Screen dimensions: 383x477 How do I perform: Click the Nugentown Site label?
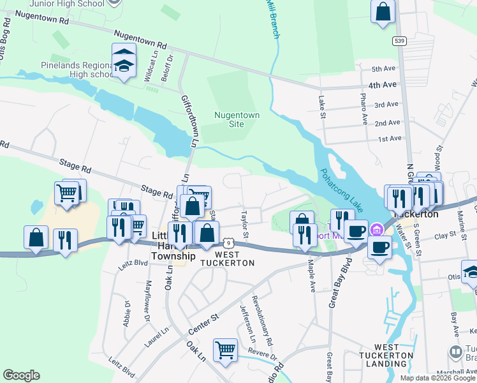[x=228, y=119]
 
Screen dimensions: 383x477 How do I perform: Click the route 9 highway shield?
[x=228, y=243]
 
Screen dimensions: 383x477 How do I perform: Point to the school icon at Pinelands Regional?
[x=124, y=61]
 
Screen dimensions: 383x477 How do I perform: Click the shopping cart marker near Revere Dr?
[x=224, y=350]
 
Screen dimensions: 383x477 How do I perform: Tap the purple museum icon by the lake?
[x=377, y=229]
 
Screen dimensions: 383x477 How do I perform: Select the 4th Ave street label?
[x=382, y=84]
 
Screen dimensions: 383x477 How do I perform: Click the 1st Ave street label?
[x=389, y=139]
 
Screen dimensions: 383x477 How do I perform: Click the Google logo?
[x=21, y=375]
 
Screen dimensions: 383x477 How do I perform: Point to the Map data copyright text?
[x=437, y=378]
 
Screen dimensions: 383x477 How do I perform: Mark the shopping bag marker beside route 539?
[x=383, y=13]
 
